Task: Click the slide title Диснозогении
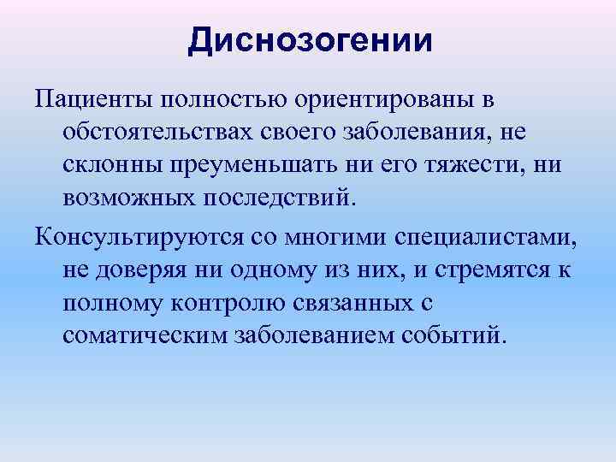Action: (x=310, y=40)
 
